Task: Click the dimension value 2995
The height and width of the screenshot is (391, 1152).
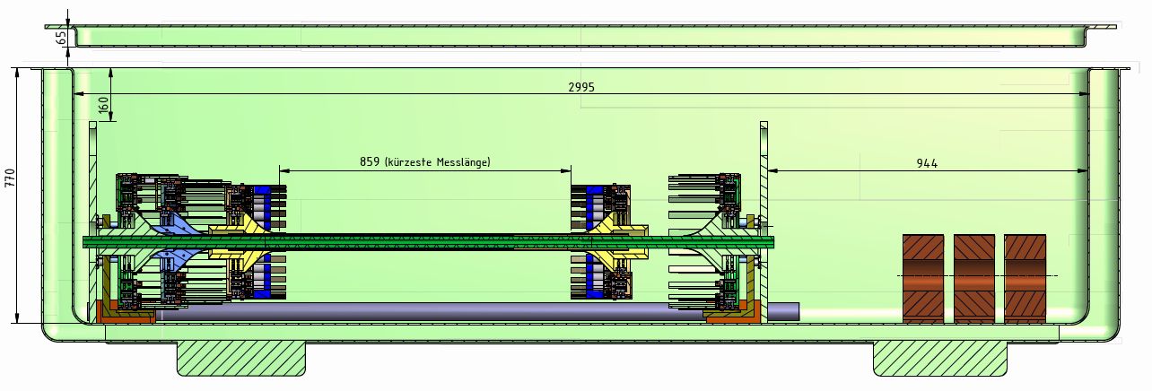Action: click(581, 87)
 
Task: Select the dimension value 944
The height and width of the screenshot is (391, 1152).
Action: click(927, 163)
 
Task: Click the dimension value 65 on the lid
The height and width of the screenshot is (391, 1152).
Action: click(60, 38)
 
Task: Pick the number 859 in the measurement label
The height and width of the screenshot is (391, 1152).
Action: click(371, 162)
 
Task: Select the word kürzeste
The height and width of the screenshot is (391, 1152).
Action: click(408, 162)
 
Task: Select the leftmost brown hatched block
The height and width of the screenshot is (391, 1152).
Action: click(923, 279)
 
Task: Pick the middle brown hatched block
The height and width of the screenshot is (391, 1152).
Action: click(974, 279)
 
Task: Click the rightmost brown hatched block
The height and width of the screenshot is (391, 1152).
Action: click(1025, 279)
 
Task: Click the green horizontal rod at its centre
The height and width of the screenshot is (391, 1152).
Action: click(429, 241)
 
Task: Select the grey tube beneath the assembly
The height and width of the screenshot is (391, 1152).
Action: click(431, 312)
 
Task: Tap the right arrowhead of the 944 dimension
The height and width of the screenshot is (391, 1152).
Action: click(1084, 169)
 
